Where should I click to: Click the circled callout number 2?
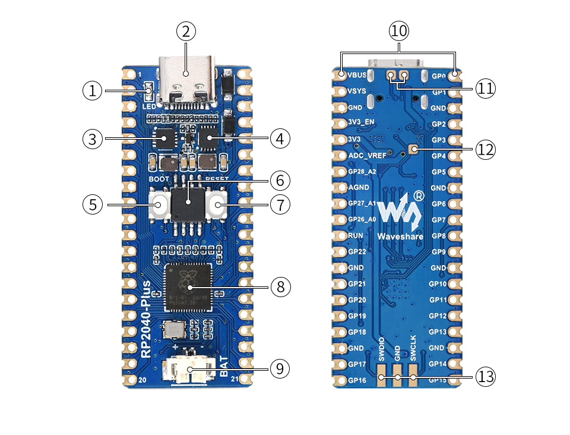point(186,32)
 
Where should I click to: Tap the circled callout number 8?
point(281,287)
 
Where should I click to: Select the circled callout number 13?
point(484,376)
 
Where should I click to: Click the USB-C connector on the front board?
point(186,83)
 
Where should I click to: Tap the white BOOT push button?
point(160,205)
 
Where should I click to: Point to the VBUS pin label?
point(357,76)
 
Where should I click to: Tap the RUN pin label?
point(356,236)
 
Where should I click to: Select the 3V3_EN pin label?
point(362,124)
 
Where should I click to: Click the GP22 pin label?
point(357,252)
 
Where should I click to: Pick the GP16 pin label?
point(357,380)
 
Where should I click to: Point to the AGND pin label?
point(359,188)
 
